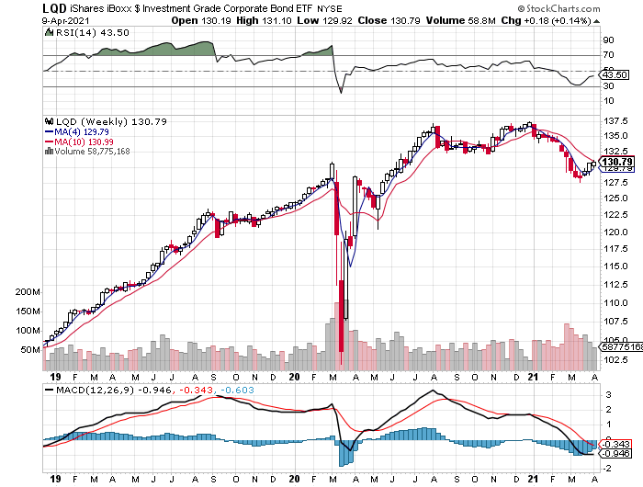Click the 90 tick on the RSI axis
point(607,40)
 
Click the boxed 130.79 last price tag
point(615,162)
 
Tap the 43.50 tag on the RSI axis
point(614,74)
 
